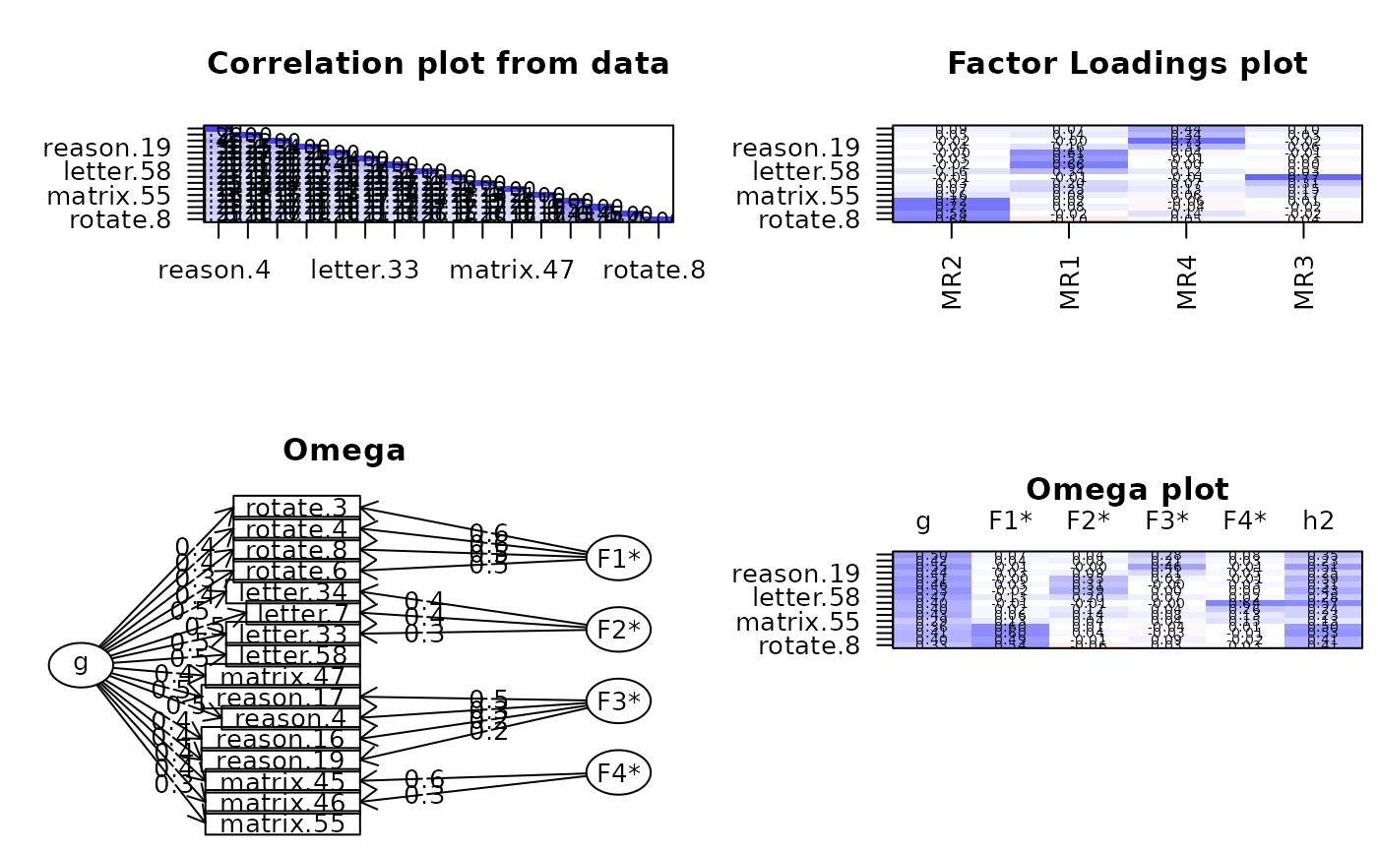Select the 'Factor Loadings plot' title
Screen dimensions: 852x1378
1127,64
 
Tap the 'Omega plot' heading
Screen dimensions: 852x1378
1127,489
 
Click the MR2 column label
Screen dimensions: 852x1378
952,283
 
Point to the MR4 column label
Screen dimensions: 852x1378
1187,283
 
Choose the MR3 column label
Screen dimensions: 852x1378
1305,283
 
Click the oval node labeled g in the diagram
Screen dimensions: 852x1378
81,665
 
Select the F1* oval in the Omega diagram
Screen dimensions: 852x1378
618,558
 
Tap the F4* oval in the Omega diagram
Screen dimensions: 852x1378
618,773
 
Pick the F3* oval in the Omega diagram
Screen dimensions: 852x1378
618,700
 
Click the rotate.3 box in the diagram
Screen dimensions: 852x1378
296,508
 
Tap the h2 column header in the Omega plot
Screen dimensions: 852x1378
1323,522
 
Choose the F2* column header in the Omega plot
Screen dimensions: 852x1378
1089,522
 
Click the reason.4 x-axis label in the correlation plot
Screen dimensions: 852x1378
215,270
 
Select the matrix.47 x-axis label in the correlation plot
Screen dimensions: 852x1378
512,270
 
